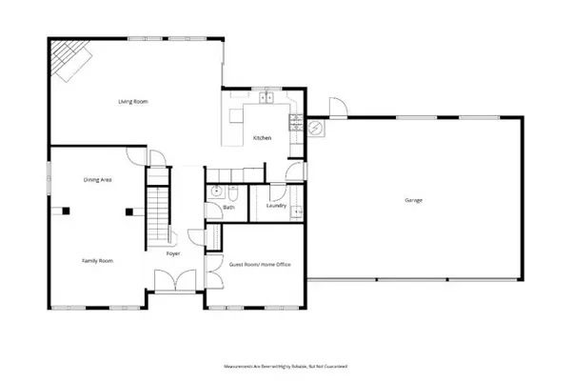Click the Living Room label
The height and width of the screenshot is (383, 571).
tap(130, 101)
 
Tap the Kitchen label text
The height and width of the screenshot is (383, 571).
tap(262, 139)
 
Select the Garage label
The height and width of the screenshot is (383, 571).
tap(413, 200)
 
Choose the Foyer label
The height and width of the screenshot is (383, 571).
tap(174, 254)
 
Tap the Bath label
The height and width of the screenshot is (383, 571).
tap(228, 207)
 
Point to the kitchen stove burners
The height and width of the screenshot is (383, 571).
tap(297, 122)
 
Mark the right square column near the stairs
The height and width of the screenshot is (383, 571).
tap(128, 211)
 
